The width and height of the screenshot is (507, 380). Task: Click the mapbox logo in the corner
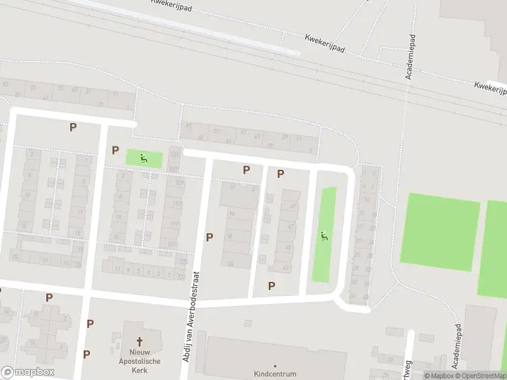(x=28, y=372)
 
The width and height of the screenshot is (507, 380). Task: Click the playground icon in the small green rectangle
(x=144, y=158)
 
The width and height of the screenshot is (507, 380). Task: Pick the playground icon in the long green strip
(x=324, y=237)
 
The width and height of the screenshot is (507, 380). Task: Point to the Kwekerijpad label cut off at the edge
(x=491, y=85)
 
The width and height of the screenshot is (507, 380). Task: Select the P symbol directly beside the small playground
(x=115, y=150)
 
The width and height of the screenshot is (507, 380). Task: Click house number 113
(x=176, y=205)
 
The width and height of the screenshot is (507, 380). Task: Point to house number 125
(x=183, y=262)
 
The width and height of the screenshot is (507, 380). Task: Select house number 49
(x=293, y=206)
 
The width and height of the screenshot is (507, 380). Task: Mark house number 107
(x=179, y=183)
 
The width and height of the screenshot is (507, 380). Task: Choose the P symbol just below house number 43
(x=271, y=286)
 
